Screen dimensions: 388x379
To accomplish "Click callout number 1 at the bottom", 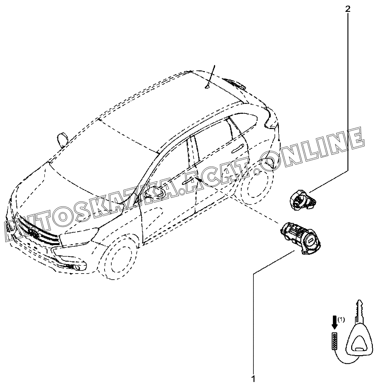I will click(253, 379).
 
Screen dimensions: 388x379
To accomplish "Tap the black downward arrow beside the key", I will click(335, 322).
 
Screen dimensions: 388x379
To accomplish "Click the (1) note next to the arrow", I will click(341, 319).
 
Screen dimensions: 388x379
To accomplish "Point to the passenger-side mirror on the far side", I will click(62, 138).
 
